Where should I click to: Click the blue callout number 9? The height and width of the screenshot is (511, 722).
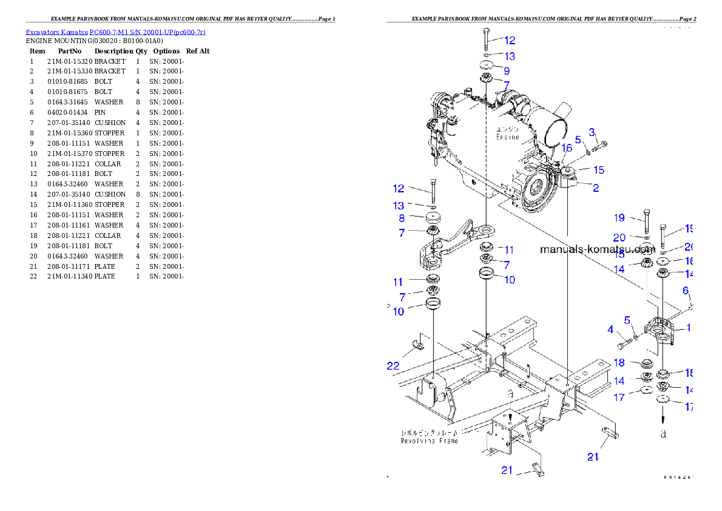[x=506, y=70]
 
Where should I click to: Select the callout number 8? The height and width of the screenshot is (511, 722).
[x=402, y=218]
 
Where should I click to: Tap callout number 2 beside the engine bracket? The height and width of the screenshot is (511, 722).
[x=596, y=188]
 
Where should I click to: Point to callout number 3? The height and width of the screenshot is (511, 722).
[x=592, y=133]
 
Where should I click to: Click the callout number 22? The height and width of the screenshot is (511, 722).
[x=394, y=365]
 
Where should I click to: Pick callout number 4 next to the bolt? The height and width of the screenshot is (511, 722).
[x=610, y=330]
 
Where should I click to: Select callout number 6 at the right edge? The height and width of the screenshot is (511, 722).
[x=686, y=291]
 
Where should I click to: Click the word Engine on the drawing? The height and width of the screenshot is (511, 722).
[x=507, y=137]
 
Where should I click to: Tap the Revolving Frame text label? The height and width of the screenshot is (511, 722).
[x=429, y=441]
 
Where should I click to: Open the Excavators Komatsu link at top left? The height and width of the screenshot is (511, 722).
[x=115, y=32]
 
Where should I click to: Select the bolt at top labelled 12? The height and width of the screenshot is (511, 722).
[x=486, y=39]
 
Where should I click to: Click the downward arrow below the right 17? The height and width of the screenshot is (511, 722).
[x=663, y=418]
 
